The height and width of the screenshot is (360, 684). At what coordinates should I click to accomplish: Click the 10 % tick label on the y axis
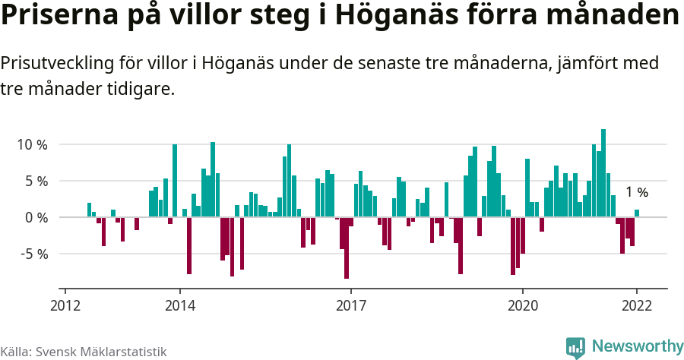pos(32,144)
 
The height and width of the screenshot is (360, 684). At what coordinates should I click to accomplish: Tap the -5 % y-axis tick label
pos(33,254)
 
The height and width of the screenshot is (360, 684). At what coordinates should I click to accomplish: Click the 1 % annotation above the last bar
pos(637,193)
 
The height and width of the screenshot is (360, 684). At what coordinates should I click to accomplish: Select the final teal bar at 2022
pos(637,213)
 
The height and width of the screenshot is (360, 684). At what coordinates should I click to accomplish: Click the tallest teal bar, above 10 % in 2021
pos(603,173)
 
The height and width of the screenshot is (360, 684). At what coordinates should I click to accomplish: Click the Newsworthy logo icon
pos(575,347)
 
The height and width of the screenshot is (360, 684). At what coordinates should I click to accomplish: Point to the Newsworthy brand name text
pos(636,346)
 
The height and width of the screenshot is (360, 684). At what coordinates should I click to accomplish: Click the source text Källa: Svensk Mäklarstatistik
pos(83,352)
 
